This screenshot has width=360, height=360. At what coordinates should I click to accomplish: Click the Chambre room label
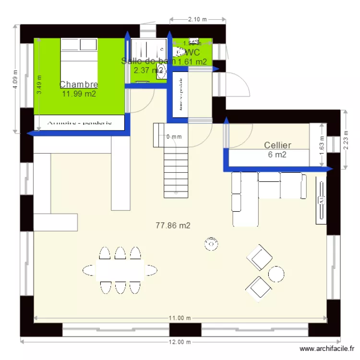coord(79,85)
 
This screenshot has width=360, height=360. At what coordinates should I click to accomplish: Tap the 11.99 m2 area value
coord(79,94)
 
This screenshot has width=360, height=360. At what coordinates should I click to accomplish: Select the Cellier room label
coord(277,145)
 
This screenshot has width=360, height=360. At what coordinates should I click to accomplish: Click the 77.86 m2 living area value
coord(173,225)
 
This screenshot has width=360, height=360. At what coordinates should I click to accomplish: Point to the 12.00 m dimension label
coord(180,342)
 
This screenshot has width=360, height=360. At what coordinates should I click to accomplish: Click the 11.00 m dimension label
coord(180,318)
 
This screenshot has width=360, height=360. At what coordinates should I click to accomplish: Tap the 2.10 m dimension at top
coord(197,19)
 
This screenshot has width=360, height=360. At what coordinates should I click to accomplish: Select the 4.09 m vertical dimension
coord(15,79)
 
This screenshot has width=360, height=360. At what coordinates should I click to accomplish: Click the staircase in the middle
coord(176,173)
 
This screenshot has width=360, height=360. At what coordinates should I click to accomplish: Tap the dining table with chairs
coord(120,270)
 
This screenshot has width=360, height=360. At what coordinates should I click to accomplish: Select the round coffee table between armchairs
coord(276,274)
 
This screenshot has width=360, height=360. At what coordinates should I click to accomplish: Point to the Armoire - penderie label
coord(80,122)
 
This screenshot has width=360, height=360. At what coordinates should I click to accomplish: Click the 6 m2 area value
coord(277,155)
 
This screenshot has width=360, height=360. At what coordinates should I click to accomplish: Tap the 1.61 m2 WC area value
coord(192,61)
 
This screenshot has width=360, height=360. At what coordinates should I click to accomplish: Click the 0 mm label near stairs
coord(174,137)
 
